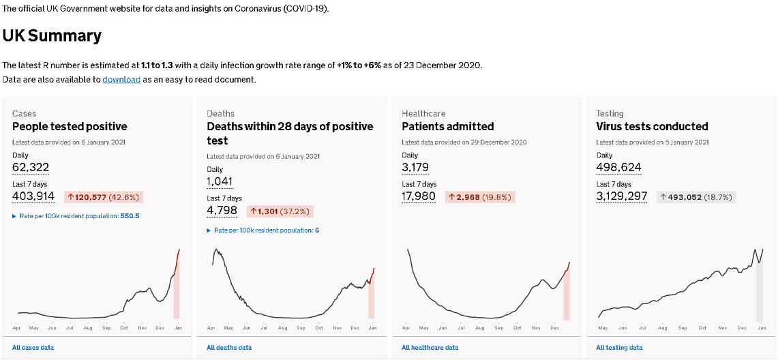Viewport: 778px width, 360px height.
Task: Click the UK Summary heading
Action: coord(52,36)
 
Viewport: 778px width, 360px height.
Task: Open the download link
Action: coord(121,80)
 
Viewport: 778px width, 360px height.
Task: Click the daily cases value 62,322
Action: coord(31,168)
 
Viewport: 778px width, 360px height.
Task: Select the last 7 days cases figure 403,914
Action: coord(33,196)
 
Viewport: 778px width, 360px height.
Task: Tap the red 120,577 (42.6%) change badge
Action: coord(104,197)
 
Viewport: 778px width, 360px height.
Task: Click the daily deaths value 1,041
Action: coord(220,182)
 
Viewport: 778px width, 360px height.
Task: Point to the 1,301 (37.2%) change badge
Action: coord(280,211)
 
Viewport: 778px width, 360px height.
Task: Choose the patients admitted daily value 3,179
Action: coord(416,168)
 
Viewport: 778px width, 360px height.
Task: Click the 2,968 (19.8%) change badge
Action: coord(480,197)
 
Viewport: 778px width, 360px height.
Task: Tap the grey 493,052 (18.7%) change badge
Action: coord(696,197)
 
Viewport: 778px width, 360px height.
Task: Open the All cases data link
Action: coord(33,348)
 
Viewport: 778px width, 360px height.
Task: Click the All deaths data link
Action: coord(229,348)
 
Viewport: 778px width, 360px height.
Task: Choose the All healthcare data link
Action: coord(430,348)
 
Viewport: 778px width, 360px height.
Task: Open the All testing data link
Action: coord(619,348)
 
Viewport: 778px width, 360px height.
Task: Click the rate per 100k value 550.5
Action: coord(130,216)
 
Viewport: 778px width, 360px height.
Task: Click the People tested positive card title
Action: coord(70,126)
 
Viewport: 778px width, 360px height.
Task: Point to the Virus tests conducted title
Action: coord(652,126)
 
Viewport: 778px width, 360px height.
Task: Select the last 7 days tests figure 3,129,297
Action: coord(622,196)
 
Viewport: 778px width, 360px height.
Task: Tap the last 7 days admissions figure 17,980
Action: coord(419,196)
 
